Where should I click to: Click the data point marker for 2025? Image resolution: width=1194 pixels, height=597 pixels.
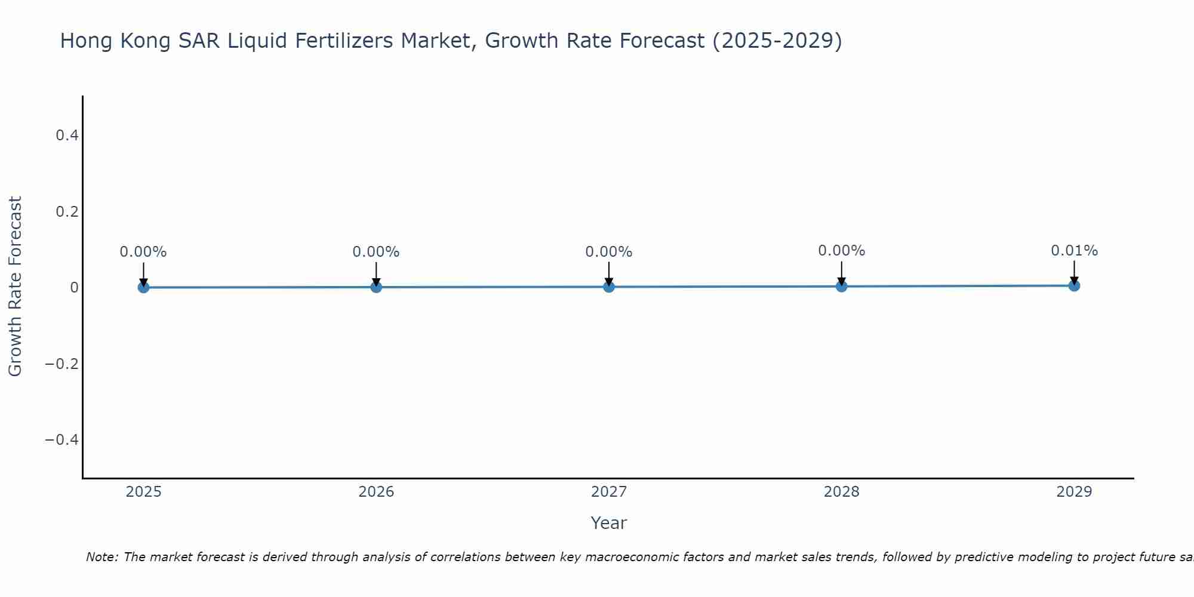pos(143,287)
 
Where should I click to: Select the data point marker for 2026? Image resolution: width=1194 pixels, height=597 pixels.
pos(376,287)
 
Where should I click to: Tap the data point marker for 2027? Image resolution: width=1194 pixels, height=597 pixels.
pos(609,287)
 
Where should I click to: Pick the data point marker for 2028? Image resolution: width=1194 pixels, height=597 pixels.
pos(841,286)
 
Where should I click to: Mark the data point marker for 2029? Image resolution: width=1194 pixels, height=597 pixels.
pos(1074,285)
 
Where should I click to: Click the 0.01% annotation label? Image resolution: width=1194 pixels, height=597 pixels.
pos(1074,251)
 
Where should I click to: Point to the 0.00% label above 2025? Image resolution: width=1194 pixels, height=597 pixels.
pos(143,252)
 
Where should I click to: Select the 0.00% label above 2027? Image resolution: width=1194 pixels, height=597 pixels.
pos(609,252)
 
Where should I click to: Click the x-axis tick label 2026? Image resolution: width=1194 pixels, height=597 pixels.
pos(376,492)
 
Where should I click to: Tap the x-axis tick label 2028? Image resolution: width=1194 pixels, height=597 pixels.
pos(841,492)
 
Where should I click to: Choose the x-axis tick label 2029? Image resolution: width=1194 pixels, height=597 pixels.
pos(1074,492)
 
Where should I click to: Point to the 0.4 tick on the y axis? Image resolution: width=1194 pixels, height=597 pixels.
pos(67,136)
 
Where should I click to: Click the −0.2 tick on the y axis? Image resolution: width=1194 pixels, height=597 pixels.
pos(62,364)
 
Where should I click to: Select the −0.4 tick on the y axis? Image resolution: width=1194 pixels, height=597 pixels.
pos(62,440)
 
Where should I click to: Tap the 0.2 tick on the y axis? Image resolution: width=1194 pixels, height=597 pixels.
pos(67,211)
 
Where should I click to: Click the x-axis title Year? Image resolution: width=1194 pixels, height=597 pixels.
pos(608,523)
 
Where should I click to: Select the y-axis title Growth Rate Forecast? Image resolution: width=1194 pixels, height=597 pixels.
pos(15,287)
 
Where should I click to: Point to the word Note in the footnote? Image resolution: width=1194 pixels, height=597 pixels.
pos(101,557)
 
